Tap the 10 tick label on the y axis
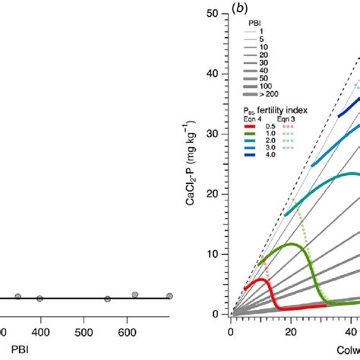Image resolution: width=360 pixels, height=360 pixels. pyautogui.click(x=220, y=253)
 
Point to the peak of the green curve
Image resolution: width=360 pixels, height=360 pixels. pyautogui.click(x=292, y=245)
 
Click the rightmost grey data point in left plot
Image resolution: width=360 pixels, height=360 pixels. pyautogui.click(x=169, y=296)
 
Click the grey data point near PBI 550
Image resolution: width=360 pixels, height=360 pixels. pyautogui.click(x=108, y=298)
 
